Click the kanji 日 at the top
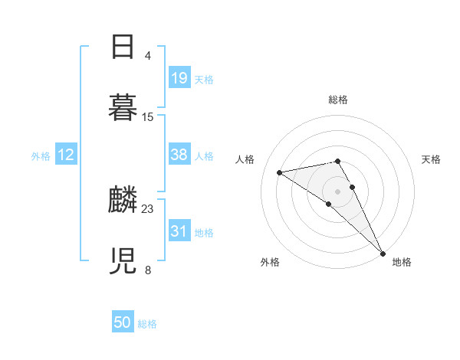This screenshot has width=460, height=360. click(x=123, y=48)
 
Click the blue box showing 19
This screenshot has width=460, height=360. click(x=179, y=77)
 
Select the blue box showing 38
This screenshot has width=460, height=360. click(x=179, y=155)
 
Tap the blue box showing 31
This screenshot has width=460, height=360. click(x=179, y=231)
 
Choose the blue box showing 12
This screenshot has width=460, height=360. click(x=66, y=155)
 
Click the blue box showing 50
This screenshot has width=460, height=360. click(x=123, y=322)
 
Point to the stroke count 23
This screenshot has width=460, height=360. click(x=148, y=208)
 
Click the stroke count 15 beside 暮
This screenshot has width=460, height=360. click(x=148, y=116)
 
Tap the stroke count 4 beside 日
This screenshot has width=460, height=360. click(x=148, y=56)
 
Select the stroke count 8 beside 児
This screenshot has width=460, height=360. click(x=148, y=270)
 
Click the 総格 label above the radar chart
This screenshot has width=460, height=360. click(x=338, y=100)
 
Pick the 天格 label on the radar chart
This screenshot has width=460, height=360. click(x=431, y=159)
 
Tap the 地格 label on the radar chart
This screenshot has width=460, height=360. click(x=402, y=262)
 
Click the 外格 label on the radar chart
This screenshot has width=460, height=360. click(x=270, y=262)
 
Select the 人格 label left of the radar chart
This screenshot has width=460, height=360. click(x=245, y=159)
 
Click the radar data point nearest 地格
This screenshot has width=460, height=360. click(x=383, y=254)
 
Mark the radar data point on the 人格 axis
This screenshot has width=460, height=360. click(x=280, y=172)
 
